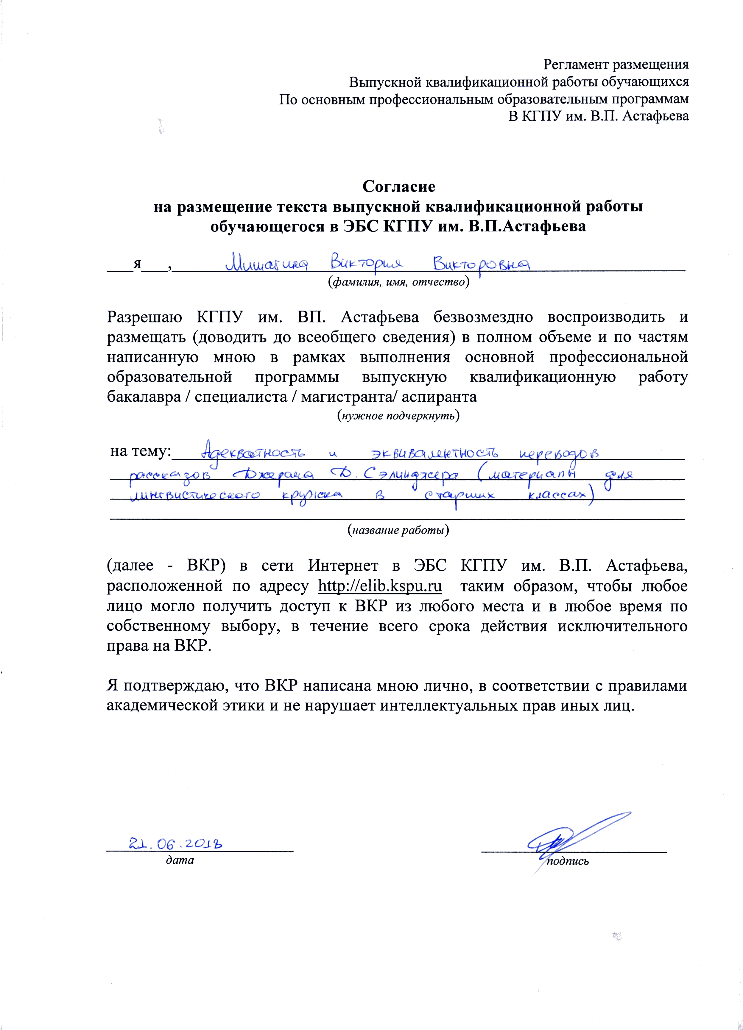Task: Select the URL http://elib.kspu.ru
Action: (x=380, y=586)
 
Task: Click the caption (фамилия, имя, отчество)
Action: (x=398, y=282)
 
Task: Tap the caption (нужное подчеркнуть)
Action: (x=398, y=415)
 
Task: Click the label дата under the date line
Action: (x=180, y=860)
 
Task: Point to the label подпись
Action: (x=568, y=861)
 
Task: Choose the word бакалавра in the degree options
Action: (x=145, y=397)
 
